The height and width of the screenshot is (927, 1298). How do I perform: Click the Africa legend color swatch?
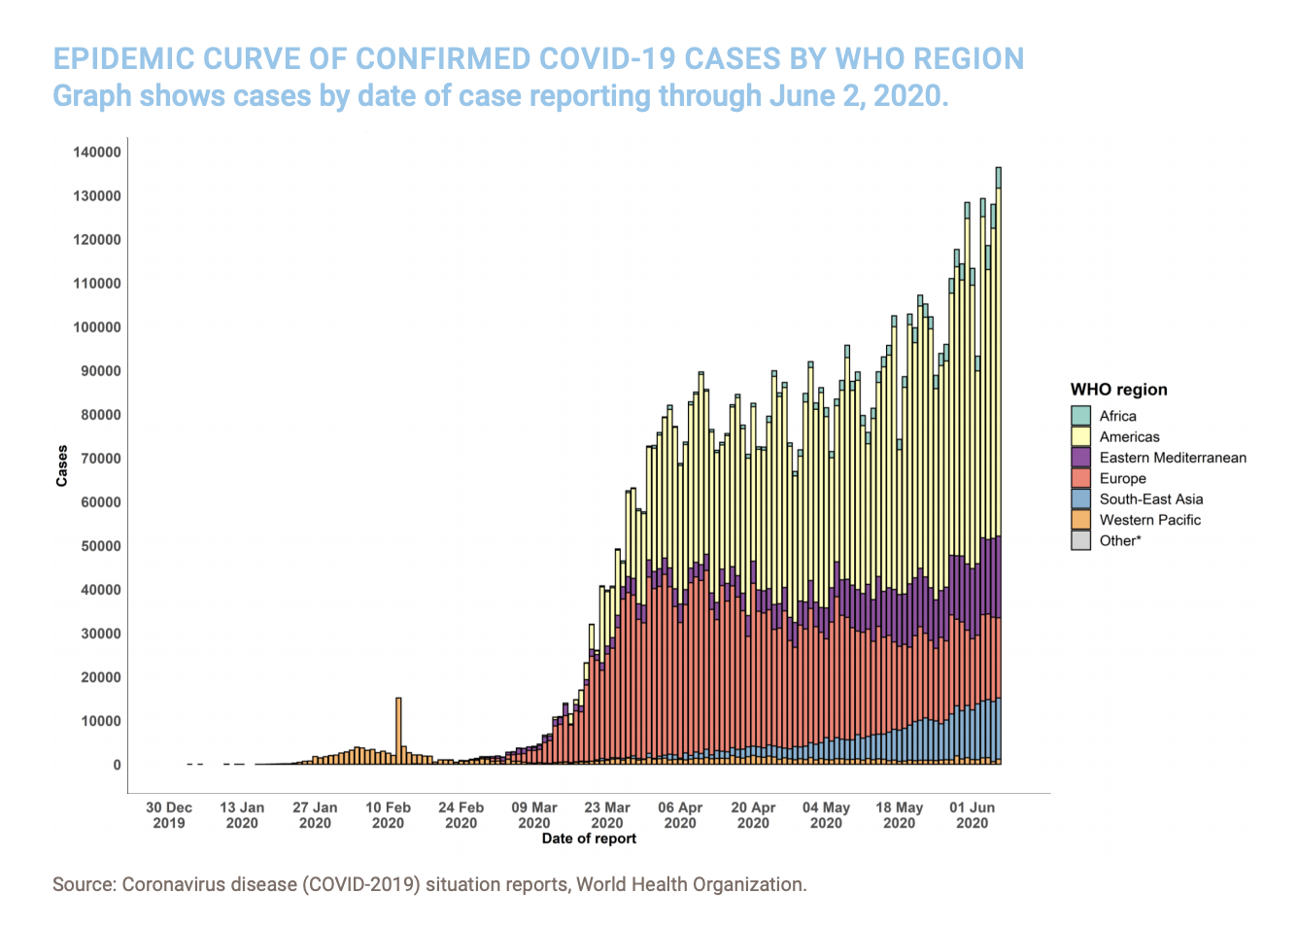coord(1080,416)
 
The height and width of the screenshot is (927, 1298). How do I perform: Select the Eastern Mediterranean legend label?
coord(1172,458)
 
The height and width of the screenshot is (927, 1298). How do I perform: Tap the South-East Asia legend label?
coord(1150,499)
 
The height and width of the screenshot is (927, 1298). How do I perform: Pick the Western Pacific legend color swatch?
coord(1080,520)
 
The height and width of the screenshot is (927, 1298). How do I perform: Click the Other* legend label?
coord(1119,541)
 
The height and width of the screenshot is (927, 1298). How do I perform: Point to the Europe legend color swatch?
coord(1080,478)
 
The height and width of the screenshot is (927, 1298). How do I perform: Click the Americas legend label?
coord(1129,437)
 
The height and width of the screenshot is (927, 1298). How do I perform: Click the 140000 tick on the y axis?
coord(97,153)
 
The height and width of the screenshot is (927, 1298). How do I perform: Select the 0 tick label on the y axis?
coord(117,765)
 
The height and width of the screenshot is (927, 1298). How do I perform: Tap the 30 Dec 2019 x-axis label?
coord(169,815)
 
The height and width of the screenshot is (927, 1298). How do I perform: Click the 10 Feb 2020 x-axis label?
coord(388,815)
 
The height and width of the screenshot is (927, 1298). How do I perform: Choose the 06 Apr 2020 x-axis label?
coord(680,815)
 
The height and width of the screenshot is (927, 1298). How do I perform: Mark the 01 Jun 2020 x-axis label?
coord(972,815)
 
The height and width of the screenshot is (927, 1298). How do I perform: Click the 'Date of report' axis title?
coord(589,839)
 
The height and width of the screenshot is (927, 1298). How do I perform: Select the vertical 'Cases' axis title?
coord(62,465)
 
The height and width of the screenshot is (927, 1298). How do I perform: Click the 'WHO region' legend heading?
coord(1118,390)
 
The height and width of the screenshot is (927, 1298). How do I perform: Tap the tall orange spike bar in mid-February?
coord(398,729)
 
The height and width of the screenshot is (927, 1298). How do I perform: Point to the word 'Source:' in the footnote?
coord(84,885)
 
